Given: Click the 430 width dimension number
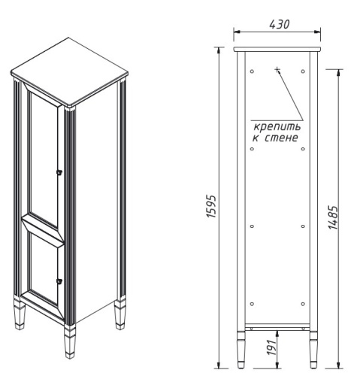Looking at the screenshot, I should coord(277,24).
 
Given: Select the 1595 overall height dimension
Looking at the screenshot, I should coord(212,203).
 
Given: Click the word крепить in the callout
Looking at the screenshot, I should coord(274,126).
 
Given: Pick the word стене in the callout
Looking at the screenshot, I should coord(283,138).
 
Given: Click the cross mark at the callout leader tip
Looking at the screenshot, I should coord(277,69).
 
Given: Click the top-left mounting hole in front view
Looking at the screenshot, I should coord(252,71).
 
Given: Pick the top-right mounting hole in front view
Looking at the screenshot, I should coord(303,71).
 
